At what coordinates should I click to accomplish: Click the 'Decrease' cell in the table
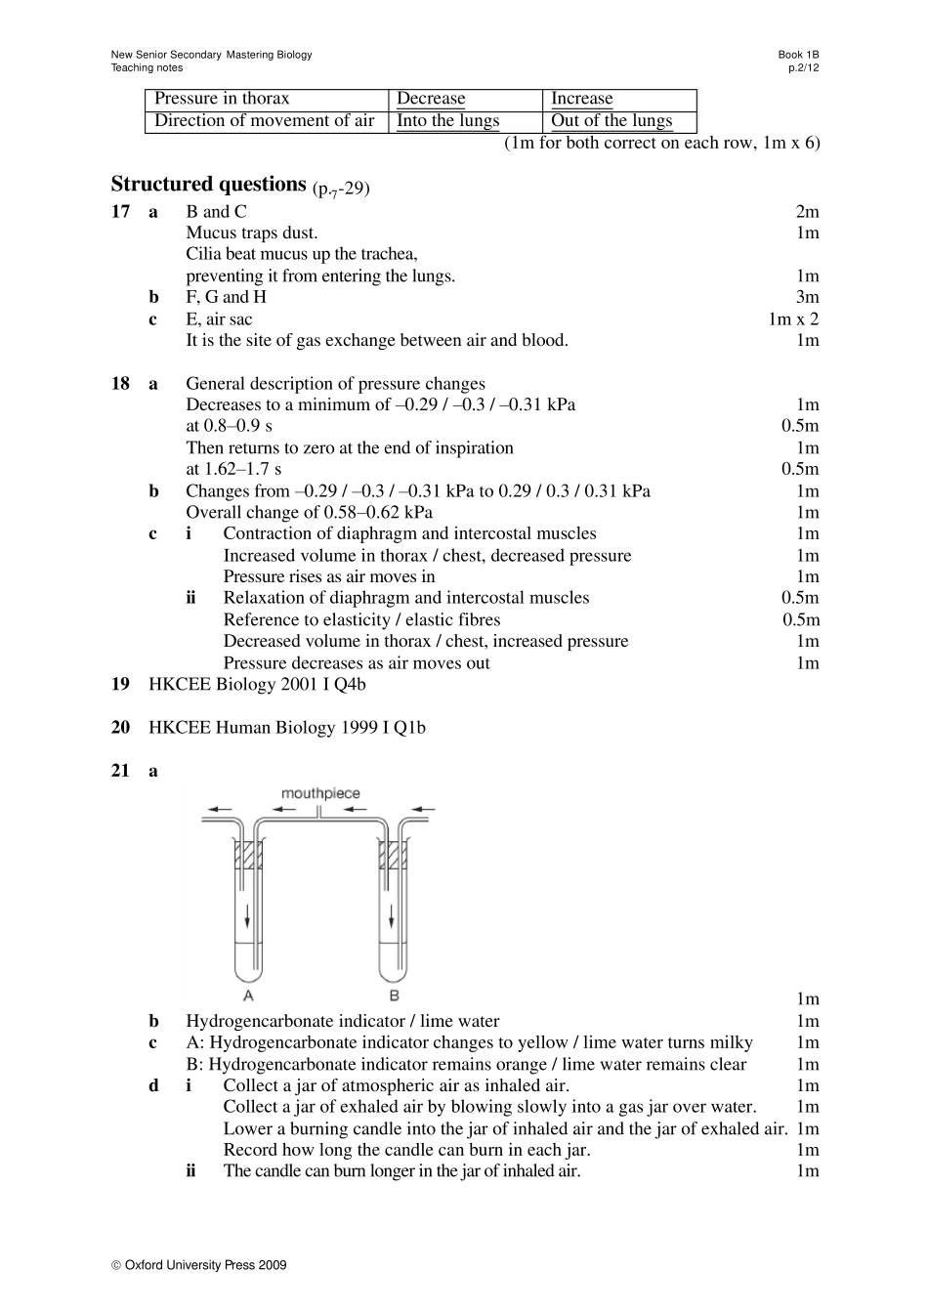point(431,99)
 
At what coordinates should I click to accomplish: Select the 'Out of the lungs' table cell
point(612,121)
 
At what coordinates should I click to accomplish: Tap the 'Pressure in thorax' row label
point(222,99)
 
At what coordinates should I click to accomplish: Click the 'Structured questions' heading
point(209,185)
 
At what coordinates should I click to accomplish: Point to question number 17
point(120,212)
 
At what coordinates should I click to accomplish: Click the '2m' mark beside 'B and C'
point(807,212)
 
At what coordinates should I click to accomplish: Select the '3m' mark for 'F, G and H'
point(807,298)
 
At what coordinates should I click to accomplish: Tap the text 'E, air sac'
point(219,319)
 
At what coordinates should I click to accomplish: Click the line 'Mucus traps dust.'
point(251,233)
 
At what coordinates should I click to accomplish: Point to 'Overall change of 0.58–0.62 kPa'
point(309,513)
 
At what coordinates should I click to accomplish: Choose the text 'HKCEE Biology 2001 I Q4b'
point(257,685)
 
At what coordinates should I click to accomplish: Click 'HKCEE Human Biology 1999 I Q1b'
point(287,728)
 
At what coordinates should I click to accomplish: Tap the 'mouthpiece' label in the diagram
point(320,793)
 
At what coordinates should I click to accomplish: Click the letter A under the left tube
point(248,995)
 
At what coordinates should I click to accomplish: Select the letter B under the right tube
point(394,995)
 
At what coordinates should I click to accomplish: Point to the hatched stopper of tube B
point(393,855)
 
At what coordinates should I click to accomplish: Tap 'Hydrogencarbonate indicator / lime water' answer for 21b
point(342,1022)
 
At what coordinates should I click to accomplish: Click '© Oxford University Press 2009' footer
point(199,1265)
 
